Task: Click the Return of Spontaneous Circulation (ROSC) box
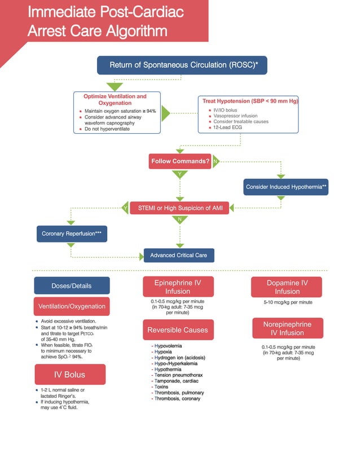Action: pyautogui.click(x=182, y=65)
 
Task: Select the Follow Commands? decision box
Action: pyautogui.click(x=180, y=161)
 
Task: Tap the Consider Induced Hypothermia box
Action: pyautogui.click(x=286, y=187)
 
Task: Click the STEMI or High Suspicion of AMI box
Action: pyautogui.click(x=180, y=208)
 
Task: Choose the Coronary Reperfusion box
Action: pyautogui.click(x=72, y=233)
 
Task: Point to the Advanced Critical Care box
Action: pyautogui.click(x=178, y=256)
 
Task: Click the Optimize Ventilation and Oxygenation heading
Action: pyautogui.click(x=115, y=100)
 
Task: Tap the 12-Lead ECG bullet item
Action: pyautogui.click(x=229, y=128)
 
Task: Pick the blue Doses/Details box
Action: pyautogui.click(x=72, y=285)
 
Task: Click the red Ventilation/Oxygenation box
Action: pyautogui.click(x=72, y=306)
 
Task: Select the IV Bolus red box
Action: pyautogui.click(x=70, y=374)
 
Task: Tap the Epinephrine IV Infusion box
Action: pyautogui.click(x=178, y=287)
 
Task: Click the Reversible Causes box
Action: pyautogui.click(x=178, y=330)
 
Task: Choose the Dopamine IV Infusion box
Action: pyautogui.click(x=287, y=287)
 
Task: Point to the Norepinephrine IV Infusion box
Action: pyautogui.click(x=288, y=328)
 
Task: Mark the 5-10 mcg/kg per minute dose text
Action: pyautogui.click(x=287, y=302)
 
